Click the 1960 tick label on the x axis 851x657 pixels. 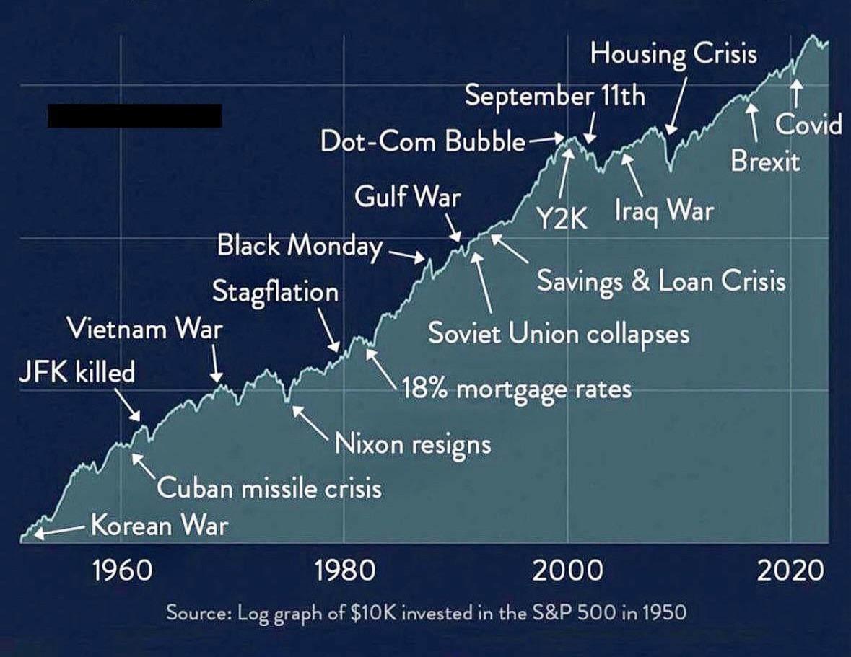[122, 570]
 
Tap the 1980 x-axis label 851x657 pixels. [345, 570]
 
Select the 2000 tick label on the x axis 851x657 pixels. [568, 570]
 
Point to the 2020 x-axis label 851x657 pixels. [790, 570]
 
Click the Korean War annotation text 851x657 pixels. [160, 525]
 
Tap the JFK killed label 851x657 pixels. [77, 372]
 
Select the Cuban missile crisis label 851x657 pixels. [270, 488]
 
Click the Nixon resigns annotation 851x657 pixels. [412, 444]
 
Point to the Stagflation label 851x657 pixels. [275, 293]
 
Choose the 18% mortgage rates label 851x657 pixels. [517, 389]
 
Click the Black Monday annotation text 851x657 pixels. [300, 245]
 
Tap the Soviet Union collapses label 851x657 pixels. [559, 333]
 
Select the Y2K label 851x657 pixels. [562, 219]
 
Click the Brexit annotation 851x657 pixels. [764, 162]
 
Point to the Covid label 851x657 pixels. [808, 124]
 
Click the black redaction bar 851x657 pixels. [134, 115]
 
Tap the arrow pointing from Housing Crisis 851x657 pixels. [677, 105]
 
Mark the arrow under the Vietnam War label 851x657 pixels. [216, 364]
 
